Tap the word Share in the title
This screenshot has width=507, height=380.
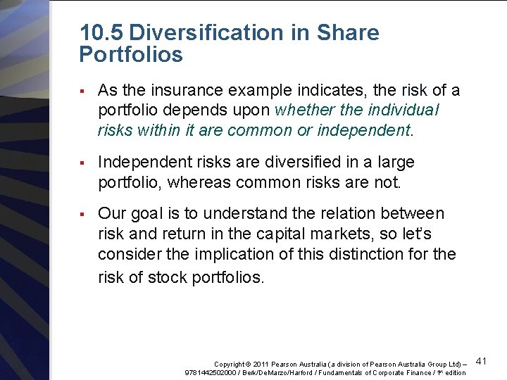348,33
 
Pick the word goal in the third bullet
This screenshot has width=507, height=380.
151,214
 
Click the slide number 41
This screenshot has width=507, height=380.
482,362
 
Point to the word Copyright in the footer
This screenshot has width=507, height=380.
230,364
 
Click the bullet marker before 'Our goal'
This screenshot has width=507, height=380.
82,213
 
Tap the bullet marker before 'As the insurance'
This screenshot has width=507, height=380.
82,90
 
